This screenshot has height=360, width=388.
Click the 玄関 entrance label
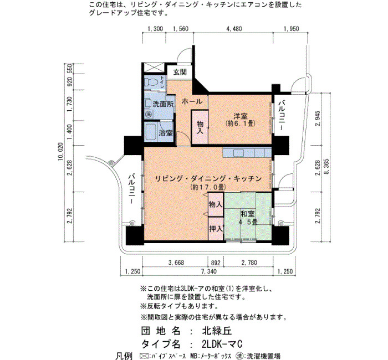(x=180, y=72)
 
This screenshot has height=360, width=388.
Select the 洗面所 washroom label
(x=163, y=104)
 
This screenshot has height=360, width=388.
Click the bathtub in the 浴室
(x=150, y=131)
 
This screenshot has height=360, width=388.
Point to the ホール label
(x=192, y=101)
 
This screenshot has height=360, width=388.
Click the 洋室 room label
(x=241, y=116)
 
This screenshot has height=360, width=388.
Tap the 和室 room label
(x=247, y=213)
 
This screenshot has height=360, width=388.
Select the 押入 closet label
(x=216, y=229)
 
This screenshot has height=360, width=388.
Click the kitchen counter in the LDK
(x=247, y=152)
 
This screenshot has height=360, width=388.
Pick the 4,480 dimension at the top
(x=234, y=29)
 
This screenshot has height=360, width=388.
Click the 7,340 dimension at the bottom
(x=209, y=271)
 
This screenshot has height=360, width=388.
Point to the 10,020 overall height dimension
(x=61, y=151)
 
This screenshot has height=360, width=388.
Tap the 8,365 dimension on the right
(x=326, y=166)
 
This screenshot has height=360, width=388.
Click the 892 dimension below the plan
(x=216, y=263)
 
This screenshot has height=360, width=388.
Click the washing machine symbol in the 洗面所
(x=148, y=114)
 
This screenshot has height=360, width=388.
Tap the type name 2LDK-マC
(x=222, y=344)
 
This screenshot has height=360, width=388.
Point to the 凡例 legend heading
(x=124, y=356)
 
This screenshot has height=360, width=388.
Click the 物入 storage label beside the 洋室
(x=200, y=127)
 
